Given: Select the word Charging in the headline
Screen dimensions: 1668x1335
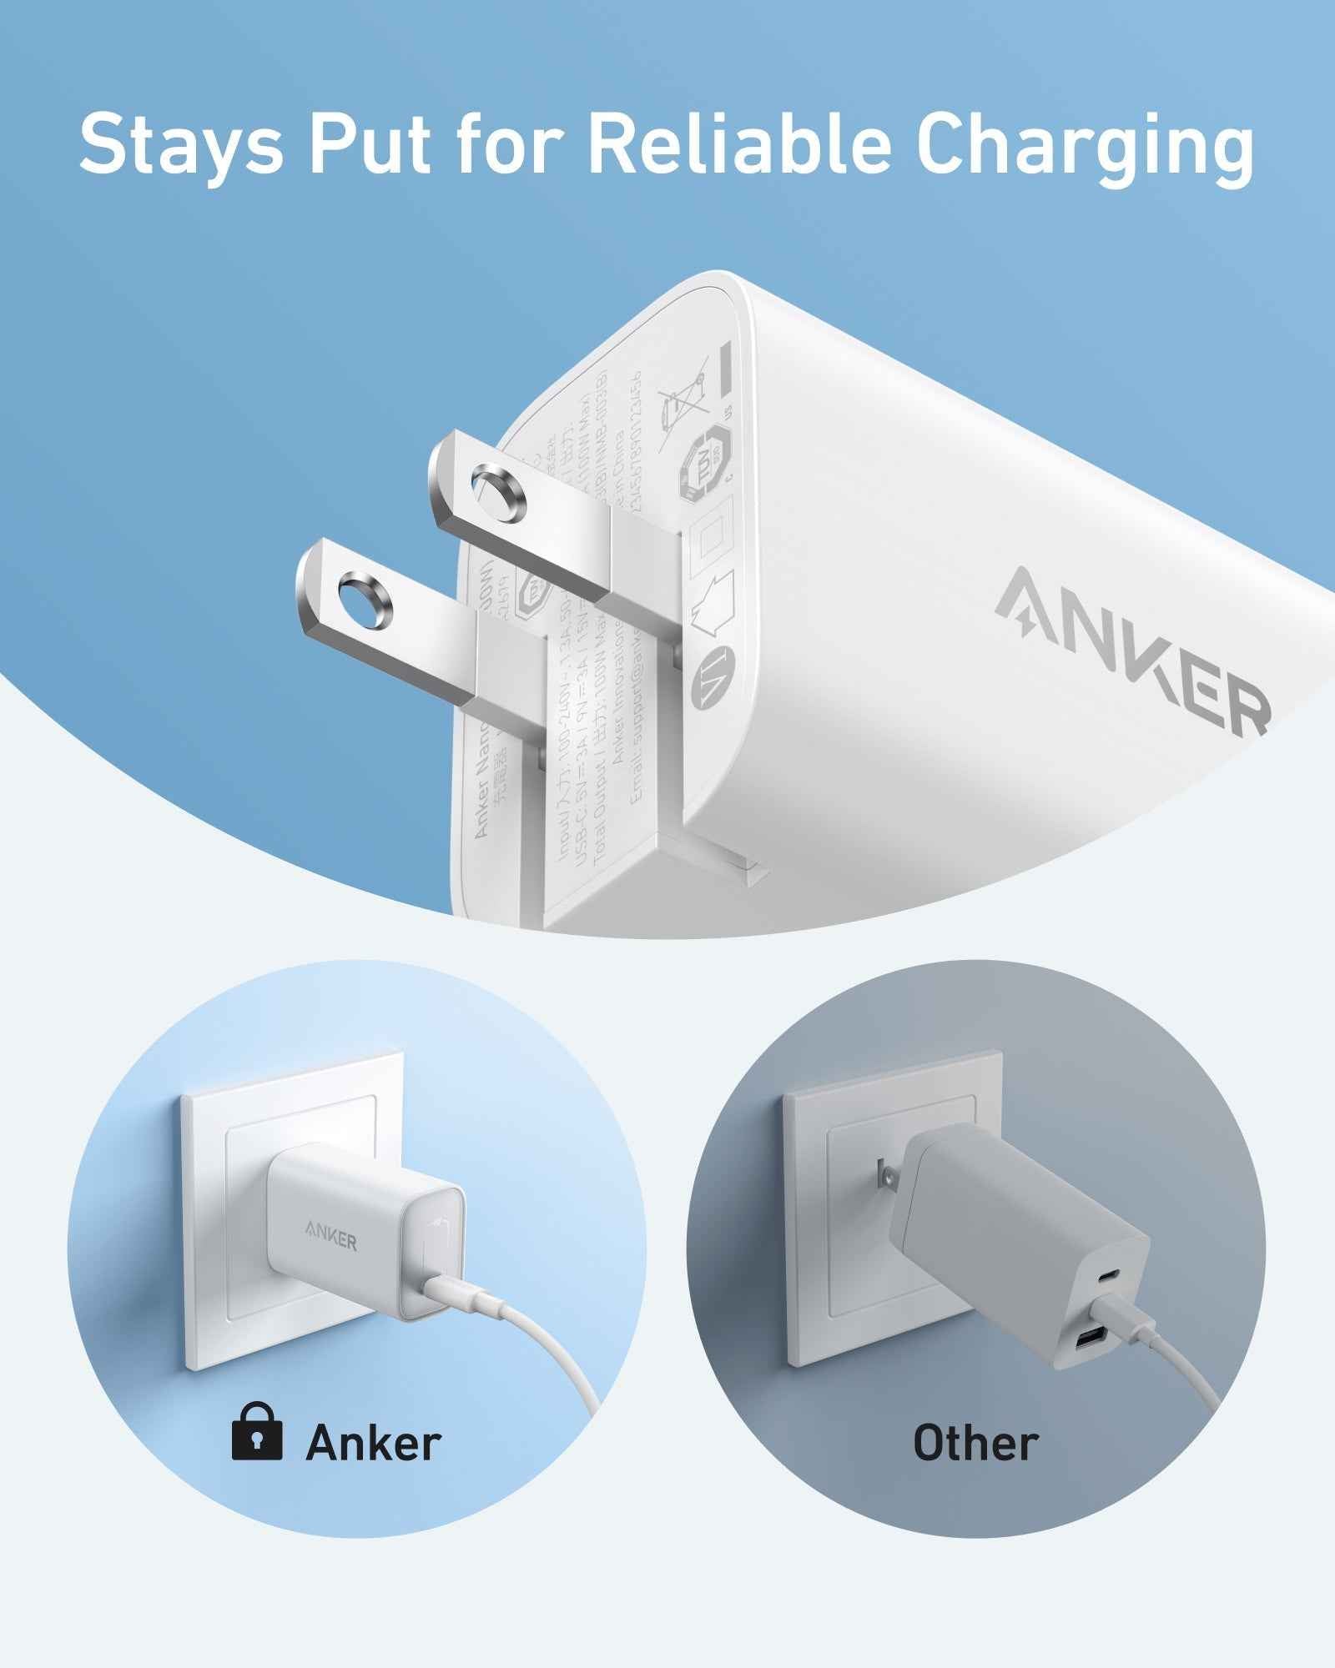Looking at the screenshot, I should [x=1085, y=143].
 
